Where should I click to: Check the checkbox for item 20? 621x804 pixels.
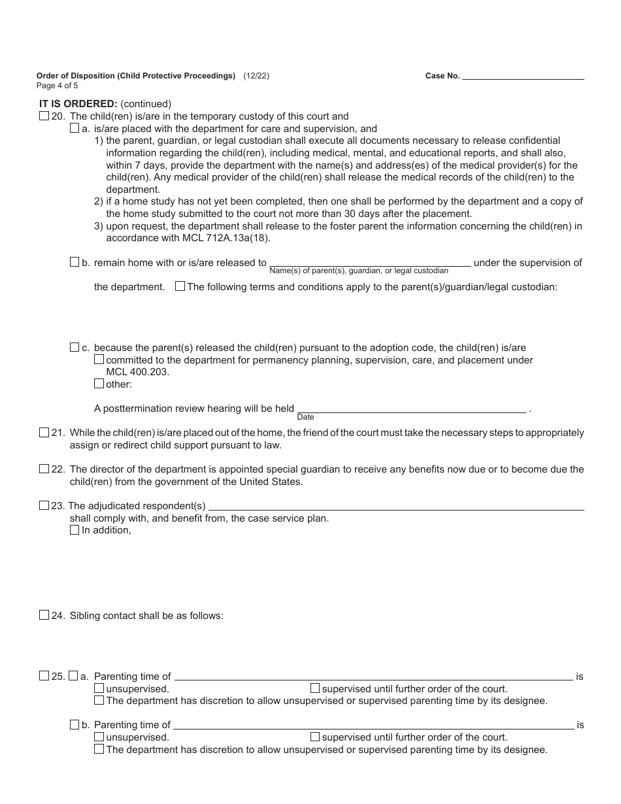pos(44,116)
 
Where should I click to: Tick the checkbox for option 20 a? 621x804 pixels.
pos(75,129)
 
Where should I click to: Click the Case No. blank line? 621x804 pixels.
pos(523,76)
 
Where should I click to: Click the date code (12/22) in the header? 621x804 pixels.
pos(256,76)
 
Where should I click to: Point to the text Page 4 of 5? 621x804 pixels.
pos(58,86)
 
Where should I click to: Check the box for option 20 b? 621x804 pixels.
pos(75,262)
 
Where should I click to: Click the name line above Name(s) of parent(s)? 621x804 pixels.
pos(369,263)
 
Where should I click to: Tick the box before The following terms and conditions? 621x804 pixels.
pos(180,286)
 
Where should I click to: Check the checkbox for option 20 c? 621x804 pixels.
pos(75,347)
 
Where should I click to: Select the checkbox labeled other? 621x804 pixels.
pos(99,384)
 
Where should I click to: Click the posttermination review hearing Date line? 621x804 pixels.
pos(412,409)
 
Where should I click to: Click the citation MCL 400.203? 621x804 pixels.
pos(137,372)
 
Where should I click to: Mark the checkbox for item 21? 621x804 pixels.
pos(44,432)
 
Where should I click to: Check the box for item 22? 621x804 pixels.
pos(44,469)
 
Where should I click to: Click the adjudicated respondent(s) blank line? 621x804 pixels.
pos(395,506)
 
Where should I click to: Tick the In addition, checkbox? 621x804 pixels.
pos(75,530)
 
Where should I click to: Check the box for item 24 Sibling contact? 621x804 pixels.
pos(44,614)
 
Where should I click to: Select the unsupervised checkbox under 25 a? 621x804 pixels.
pos(99,688)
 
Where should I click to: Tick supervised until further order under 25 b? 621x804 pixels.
pos(315,737)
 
